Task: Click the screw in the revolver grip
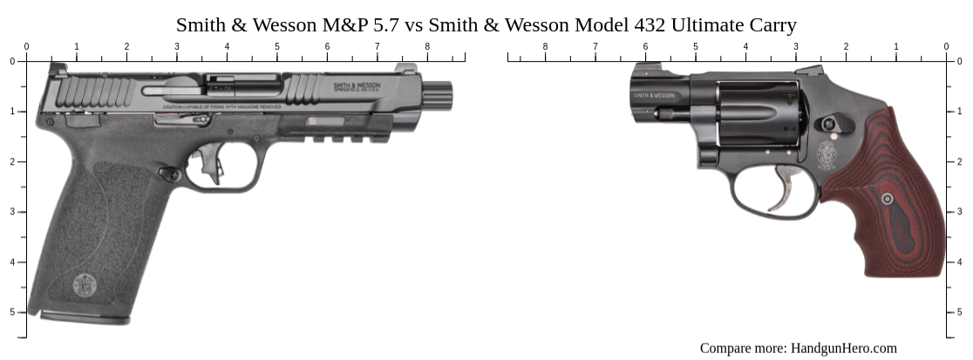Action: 888,200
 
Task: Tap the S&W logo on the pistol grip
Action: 85,283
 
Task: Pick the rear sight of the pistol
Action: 59,69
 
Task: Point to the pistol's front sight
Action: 405,69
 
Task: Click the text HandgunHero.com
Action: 843,348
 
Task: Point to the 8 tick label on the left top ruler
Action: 427,46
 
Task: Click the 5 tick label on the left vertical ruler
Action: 12,312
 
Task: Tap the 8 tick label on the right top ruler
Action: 546,46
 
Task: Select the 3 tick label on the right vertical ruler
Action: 961,212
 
